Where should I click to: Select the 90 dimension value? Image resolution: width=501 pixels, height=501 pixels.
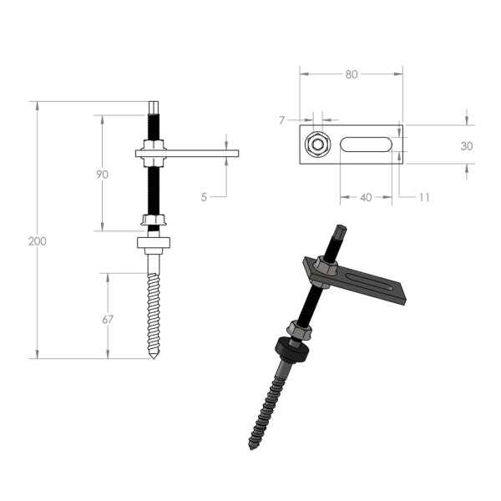tap(103, 175)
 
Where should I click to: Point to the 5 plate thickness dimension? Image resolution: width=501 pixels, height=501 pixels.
tap(205, 197)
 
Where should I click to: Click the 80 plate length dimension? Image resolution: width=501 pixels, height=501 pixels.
tap(351, 74)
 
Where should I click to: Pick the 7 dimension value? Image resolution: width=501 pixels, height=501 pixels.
tap(282, 120)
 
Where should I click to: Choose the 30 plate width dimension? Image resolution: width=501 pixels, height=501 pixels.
tap(466, 145)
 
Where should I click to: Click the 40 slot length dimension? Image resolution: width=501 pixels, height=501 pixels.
tap(366, 198)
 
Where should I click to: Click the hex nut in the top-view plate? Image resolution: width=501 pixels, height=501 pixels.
tap(316, 145)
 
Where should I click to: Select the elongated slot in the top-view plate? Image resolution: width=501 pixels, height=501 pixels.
tap(367, 145)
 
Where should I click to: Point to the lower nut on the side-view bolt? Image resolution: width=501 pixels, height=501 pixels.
tap(153, 220)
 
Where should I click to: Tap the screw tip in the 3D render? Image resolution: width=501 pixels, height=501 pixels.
tap(250, 446)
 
